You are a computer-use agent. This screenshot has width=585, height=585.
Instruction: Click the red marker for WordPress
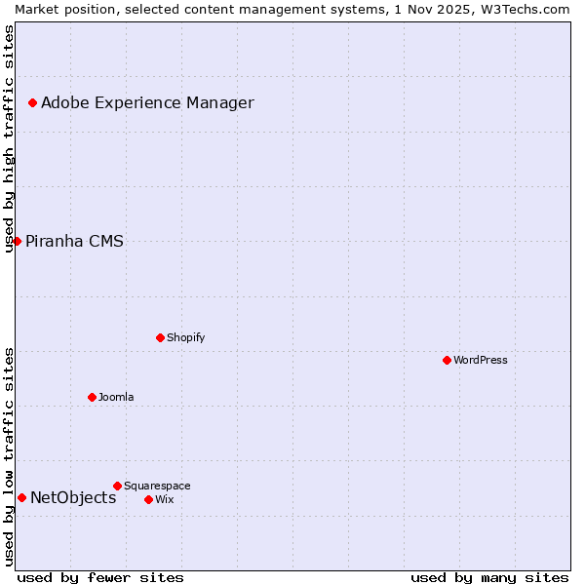pos(447,360)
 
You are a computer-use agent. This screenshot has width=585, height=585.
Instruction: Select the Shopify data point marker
pos(160,337)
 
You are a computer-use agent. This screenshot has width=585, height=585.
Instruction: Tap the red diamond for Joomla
pos(92,397)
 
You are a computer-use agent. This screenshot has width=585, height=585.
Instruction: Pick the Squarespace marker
pos(117,486)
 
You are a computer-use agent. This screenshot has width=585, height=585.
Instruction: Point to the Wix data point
pos(148,499)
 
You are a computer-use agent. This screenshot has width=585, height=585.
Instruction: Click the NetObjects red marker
pos(21,497)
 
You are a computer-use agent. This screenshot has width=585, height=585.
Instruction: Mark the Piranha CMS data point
pos(17,241)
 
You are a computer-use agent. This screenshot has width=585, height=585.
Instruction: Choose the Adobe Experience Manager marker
pos(32,102)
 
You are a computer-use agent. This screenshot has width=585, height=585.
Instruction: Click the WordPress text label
pos(481,360)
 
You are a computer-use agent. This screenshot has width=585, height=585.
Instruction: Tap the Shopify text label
pos(185,337)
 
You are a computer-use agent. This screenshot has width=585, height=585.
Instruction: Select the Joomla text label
pos(116,397)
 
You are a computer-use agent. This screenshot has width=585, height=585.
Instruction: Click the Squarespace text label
pos(157,486)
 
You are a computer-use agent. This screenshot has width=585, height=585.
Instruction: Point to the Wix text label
pos(165,499)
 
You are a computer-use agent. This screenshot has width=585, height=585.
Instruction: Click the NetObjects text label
pos(73,497)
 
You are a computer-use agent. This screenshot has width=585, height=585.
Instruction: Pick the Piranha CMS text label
pos(74,241)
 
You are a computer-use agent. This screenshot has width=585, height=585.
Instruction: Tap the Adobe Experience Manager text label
pos(147,102)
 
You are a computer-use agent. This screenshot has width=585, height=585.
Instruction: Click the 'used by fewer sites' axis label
pos(100,577)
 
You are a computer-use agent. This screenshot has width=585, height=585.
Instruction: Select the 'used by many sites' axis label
pos(489,577)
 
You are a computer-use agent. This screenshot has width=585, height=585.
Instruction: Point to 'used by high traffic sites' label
pos(9,138)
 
